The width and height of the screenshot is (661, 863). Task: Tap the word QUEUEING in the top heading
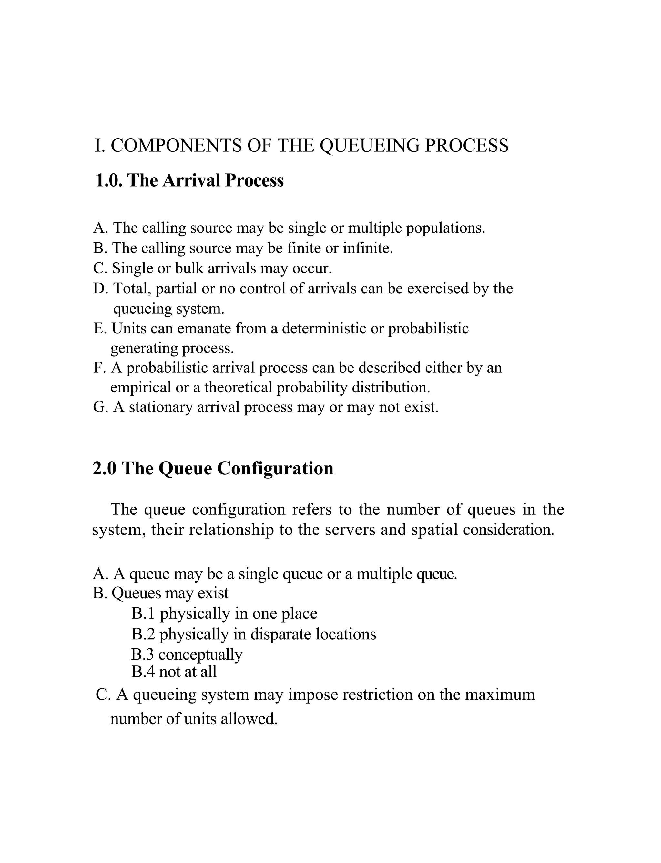point(369,146)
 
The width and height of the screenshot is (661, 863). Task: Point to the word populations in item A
point(445,228)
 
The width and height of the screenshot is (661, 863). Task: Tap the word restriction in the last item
point(377,695)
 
